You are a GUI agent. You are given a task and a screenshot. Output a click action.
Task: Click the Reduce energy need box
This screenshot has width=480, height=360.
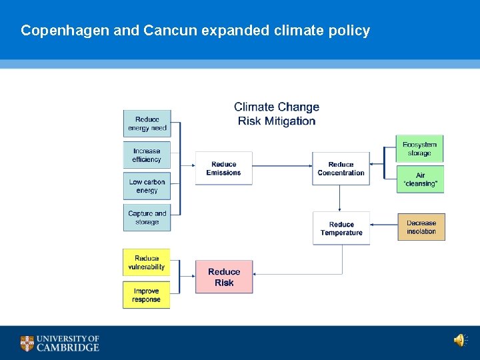pos(147,123)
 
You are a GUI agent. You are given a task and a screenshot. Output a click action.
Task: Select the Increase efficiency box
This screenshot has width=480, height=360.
pos(147,155)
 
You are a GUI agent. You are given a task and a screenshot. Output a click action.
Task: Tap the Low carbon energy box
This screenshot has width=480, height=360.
pos(147,186)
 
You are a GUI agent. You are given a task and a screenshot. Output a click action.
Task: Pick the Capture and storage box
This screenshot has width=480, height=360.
pos(147,218)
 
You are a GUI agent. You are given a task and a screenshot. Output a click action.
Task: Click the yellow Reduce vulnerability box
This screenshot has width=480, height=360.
pos(147,263)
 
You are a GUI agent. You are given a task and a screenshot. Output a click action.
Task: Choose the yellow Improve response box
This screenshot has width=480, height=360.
pos(147,295)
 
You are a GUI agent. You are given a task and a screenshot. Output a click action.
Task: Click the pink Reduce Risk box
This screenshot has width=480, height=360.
pos(224,277)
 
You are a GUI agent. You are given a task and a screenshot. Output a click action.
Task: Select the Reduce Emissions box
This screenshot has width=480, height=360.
pos(223,169)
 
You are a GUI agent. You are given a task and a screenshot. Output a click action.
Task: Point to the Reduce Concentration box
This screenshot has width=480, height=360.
pos(341,169)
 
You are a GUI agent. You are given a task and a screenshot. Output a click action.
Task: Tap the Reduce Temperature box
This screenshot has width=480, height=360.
pos(341,229)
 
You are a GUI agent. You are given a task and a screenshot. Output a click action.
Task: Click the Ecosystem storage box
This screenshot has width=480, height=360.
pos(420,149)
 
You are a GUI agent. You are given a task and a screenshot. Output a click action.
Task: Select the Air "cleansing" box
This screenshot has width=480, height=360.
pos(420,179)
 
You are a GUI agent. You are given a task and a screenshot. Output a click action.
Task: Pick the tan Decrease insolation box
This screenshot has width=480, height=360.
pos(421,227)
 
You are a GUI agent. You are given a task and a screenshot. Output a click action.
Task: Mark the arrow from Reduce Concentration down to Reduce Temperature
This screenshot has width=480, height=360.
pos(340,199)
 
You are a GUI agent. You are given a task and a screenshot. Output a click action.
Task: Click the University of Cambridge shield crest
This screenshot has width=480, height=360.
pos(27,343)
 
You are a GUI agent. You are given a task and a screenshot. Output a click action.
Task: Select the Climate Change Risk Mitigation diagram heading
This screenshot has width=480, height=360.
pos(277,114)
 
